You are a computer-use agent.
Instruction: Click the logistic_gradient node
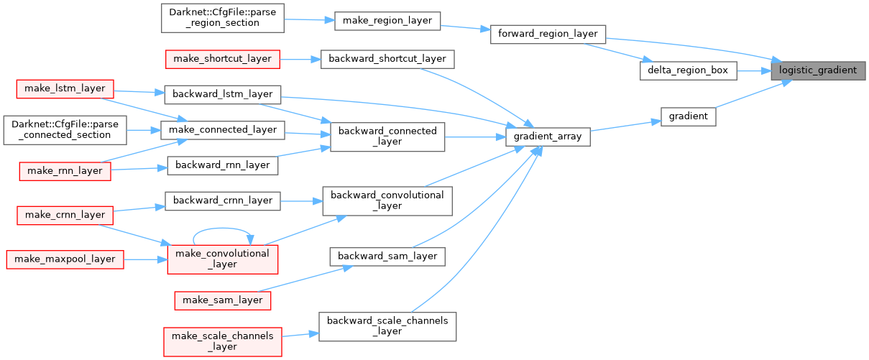point(818,70)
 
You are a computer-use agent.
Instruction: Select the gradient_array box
point(548,136)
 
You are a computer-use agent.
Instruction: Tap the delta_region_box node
point(687,70)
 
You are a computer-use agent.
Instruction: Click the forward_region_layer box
point(548,34)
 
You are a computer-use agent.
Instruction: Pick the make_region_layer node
point(387,21)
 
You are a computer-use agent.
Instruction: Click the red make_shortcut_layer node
point(222,59)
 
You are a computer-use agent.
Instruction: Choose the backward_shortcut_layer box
point(387,59)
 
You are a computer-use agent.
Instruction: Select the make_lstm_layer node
point(65,89)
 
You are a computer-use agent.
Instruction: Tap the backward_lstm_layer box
point(222,94)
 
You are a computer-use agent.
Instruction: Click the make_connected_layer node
point(222,129)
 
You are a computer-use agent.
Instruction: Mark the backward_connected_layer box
point(387,136)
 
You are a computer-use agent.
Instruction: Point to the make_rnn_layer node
point(65,170)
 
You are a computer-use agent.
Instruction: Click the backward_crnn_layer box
point(222,200)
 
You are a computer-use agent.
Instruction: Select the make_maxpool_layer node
point(65,259)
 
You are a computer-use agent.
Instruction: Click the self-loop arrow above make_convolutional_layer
point(222,231)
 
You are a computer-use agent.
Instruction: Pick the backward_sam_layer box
point(387,256)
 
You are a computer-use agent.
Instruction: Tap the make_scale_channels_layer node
point(222,341)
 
